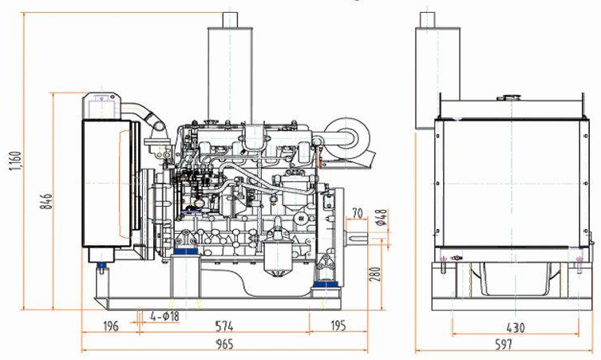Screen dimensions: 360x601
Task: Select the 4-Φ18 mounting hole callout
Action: pyautogui.click(x=162, y=315)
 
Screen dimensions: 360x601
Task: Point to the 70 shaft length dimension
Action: pyautogui.click(x=357, y=213)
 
